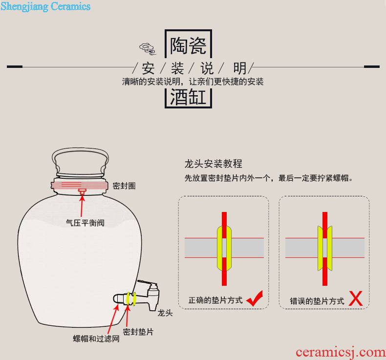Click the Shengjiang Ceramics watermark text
point(45,6)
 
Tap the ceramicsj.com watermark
point(341,352)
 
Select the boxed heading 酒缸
point(188,97)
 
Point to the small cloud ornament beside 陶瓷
point(148,48)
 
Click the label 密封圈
point(124,186)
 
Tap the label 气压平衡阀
point(85,223)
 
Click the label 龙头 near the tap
point(165,313)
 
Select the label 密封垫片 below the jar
point(138,332)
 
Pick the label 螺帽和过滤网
point(96,339)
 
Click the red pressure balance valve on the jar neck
point(82,191)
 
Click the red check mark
point(255,298)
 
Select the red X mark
point(356,298)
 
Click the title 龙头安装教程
point(214,164)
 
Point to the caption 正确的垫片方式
point(215,300)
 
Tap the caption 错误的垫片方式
point(317,301)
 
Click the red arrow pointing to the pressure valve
point(82,206)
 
